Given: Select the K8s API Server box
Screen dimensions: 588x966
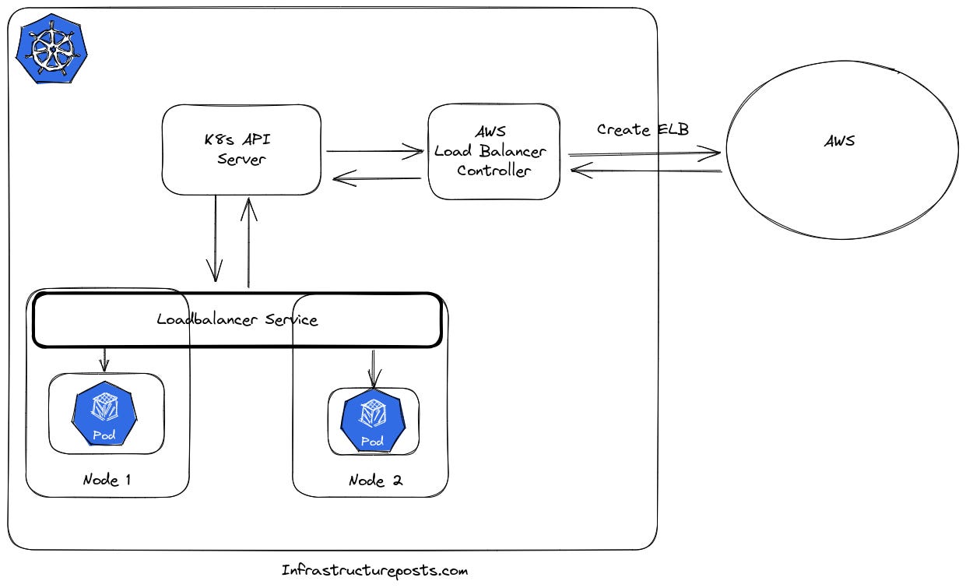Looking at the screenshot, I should (241, 150).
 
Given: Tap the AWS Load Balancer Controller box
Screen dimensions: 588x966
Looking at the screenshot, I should (494, 151).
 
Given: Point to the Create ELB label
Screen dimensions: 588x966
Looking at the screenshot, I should (642, 129).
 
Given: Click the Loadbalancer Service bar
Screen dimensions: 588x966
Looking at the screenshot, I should (237, 319).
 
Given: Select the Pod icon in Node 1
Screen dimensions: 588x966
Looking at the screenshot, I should (104, 416).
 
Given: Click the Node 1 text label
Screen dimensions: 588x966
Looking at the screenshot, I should (107, 479).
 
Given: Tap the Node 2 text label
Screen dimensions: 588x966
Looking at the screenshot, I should (375, 481).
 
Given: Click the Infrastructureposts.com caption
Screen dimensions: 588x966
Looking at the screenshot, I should (375, 571).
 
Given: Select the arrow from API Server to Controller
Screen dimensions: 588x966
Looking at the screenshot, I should (374, 152).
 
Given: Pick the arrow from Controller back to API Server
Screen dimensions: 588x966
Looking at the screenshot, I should (377, 180).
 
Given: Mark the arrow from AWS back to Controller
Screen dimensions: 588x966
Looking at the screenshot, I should (646, 171).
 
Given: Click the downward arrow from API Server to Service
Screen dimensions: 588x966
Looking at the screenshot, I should (215, 238).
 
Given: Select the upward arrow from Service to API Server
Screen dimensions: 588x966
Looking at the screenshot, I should (249, 241).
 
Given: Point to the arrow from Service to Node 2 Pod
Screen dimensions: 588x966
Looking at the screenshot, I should (374, 367).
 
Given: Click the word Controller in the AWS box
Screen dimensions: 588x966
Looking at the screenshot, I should (493, 170).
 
